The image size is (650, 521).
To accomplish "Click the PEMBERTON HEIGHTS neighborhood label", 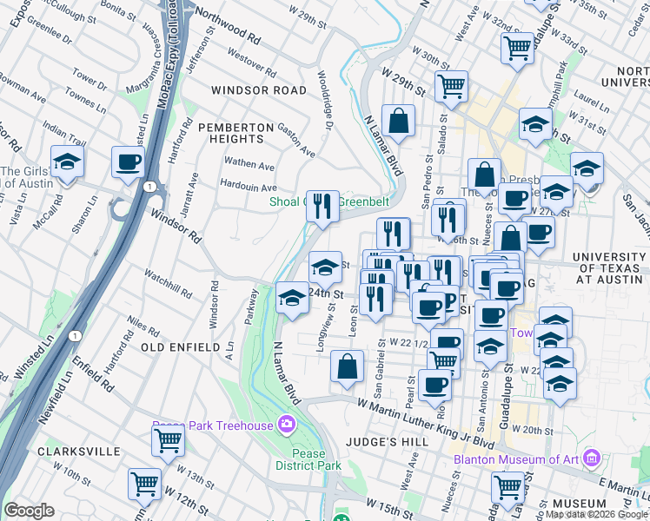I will coord(230,133).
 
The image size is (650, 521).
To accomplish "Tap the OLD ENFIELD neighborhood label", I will coord(181,347).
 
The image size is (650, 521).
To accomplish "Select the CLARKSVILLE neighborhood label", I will coord(78,452).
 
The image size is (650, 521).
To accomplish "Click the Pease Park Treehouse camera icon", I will coord(285,425).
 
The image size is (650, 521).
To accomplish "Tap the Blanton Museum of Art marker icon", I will coord(592,457).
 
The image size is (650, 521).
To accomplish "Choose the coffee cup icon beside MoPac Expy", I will coord(129,162).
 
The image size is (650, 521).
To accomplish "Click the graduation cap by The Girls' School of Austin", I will coord(65,162).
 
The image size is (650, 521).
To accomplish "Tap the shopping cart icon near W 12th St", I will coord(144,483).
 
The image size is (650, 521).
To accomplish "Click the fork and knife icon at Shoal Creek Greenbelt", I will coord(323,207).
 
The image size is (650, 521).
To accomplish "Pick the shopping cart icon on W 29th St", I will coord(451,86).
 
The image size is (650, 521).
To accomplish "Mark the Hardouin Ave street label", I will coord(249,188).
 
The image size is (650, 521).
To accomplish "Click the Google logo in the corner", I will coord(29,511).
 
